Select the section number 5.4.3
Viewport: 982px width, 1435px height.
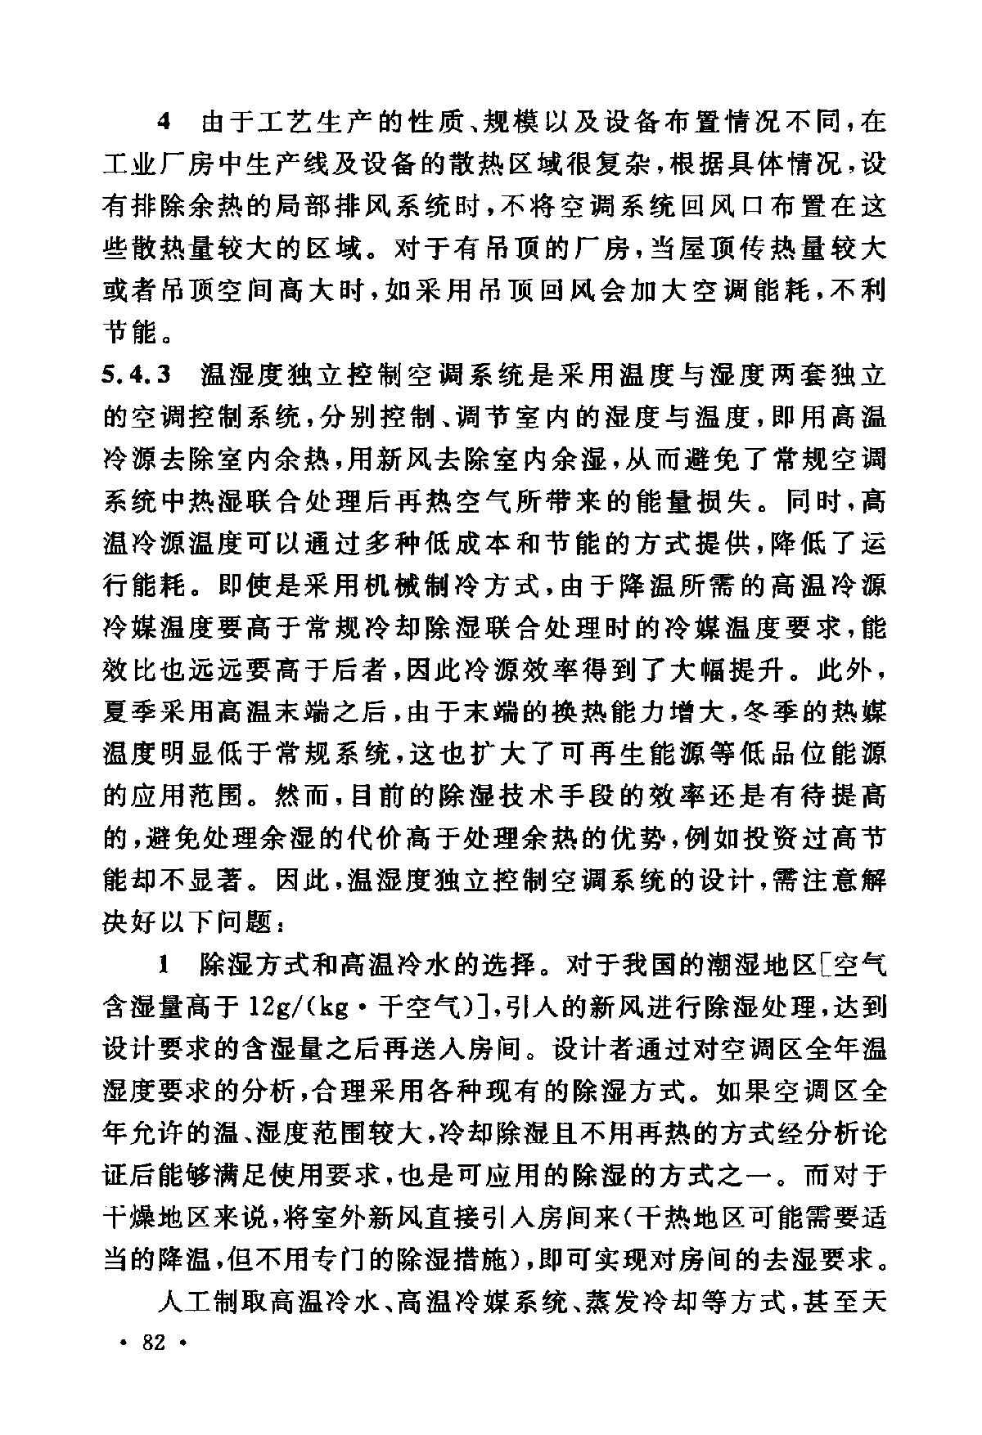tap(137, 378)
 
